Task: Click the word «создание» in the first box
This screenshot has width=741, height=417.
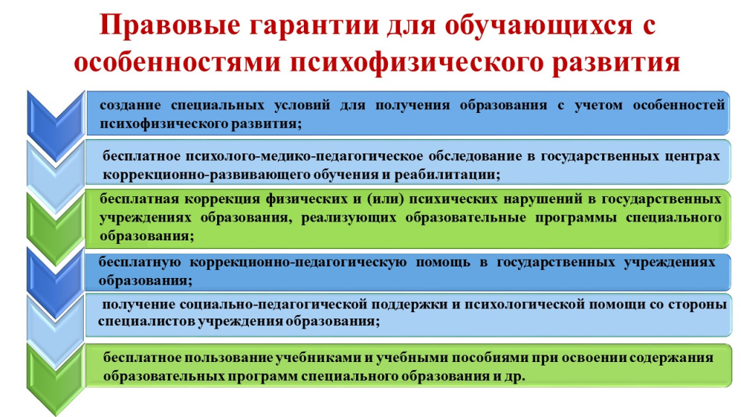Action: point(130,105)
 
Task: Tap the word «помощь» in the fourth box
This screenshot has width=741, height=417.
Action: point(443,262)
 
